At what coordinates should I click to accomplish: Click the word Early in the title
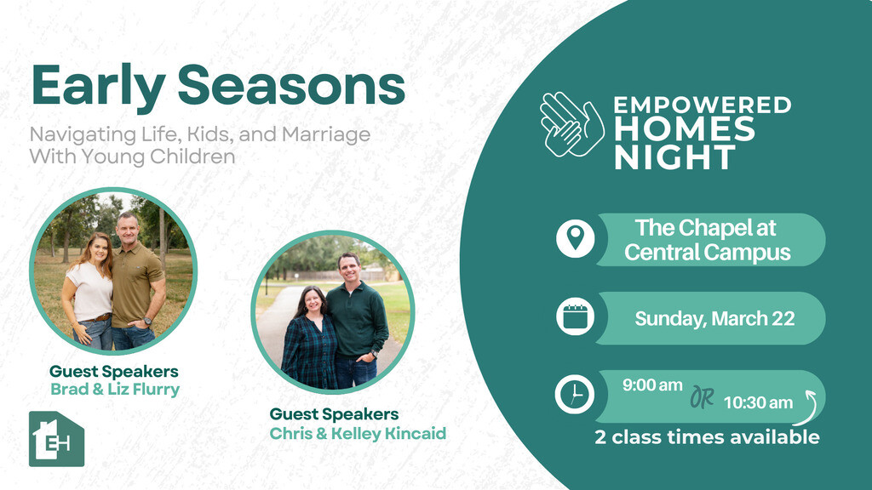[98, 87]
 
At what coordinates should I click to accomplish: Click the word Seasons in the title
[291, 84]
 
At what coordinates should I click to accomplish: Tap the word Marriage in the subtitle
[326, 135]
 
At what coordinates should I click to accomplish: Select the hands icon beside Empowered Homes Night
[572, 124]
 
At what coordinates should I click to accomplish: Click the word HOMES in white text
[685, 129]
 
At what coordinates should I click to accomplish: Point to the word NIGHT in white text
[674, 157]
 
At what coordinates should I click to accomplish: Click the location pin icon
[575, 238]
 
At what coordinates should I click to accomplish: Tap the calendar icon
[575, 317]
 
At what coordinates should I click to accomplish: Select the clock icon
[575, 395]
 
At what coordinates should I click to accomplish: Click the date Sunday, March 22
[714, 319]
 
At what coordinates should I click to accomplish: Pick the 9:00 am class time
[652, 385]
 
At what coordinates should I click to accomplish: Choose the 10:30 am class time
[758, 402]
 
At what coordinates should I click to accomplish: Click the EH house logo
[56, 439]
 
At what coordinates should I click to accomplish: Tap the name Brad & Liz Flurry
[115, 389]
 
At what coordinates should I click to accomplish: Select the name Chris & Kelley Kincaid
[358, 433]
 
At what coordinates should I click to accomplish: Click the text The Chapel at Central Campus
[707, 240]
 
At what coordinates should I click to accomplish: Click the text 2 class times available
[707, 437]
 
